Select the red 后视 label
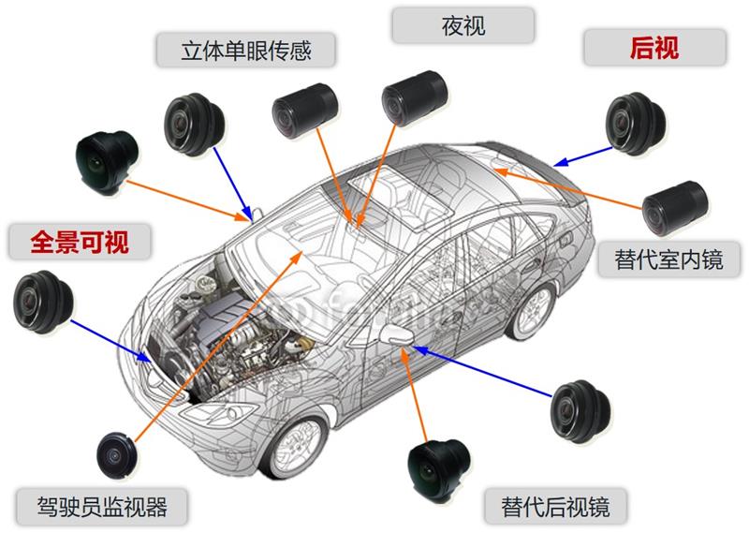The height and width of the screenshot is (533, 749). point(654,47)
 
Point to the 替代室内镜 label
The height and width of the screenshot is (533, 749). point(668,258)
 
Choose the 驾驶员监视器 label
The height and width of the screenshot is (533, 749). point(104,507)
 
